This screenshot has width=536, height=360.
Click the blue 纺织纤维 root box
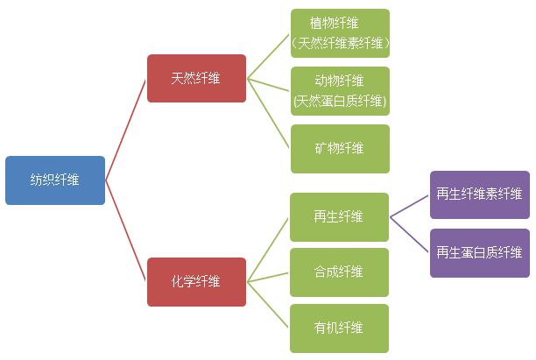coord(55,180)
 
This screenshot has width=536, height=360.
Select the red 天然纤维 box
coord(196,79)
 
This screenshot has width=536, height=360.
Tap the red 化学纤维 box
coord(196,281)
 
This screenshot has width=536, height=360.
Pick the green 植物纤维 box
coord(340,33)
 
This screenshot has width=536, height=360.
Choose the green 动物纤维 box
coord(340,91)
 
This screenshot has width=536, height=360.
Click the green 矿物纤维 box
coord(340,149)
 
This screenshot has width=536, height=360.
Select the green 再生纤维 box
coord(339,216)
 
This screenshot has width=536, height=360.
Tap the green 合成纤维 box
coord(339,272)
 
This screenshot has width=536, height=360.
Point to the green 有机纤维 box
coord(339,328)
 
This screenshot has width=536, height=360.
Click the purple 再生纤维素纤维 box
coord(479,194)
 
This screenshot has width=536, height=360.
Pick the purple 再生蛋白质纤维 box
coord(479,252)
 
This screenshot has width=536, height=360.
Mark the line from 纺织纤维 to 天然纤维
coord(126,130)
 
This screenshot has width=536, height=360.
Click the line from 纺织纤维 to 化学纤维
coord(126,230)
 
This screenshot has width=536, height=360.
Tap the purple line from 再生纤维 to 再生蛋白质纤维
coord(410,234)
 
